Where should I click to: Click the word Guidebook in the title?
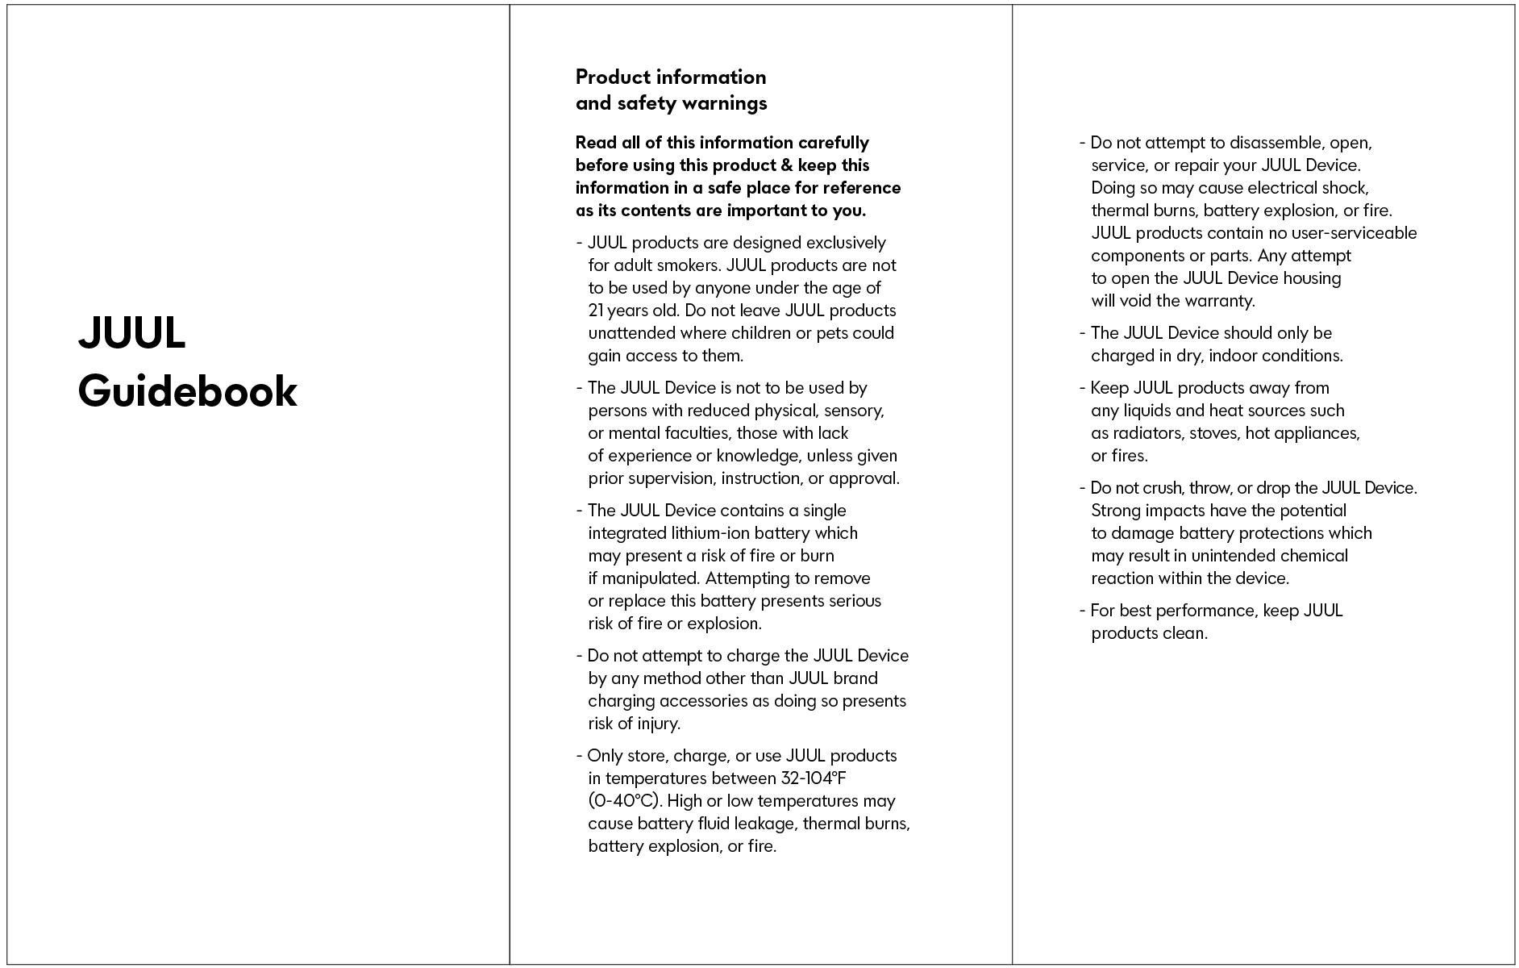(187, 391)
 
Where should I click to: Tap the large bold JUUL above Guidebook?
(132, 332)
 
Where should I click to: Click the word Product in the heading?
(613, 77)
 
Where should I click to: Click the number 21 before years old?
(596, 311)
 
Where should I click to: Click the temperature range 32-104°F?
(814, 778)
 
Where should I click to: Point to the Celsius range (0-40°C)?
(625, 801)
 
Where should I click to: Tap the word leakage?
(766, 824)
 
